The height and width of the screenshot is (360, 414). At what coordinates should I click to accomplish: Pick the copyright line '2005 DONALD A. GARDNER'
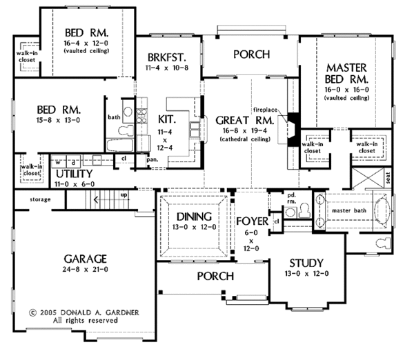[85, 312]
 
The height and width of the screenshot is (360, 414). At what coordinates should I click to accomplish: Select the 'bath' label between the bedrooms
[114, 117]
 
